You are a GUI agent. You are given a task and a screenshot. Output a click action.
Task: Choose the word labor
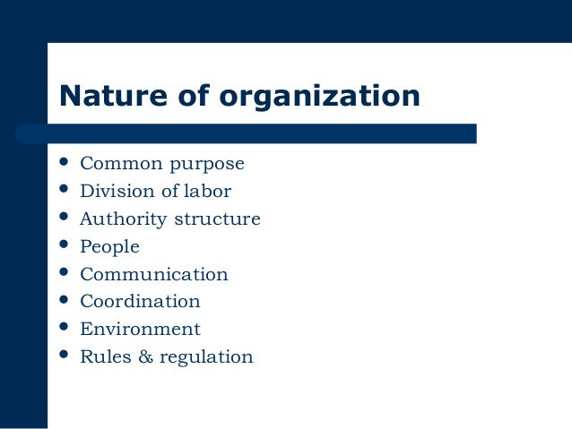pos(208,191)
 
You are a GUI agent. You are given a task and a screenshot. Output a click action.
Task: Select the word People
pos(109,247)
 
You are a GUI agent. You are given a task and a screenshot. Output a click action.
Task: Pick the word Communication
pos(154,274)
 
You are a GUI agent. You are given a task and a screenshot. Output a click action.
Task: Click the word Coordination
pos(140,302)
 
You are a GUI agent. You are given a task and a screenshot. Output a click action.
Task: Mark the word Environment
pos(140,330)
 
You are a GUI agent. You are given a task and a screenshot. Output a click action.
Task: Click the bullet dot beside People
pos(64,245)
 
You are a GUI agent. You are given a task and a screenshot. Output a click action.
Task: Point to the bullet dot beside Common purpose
pos(64,162)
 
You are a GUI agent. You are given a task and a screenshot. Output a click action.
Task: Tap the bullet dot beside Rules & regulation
pos(64,355)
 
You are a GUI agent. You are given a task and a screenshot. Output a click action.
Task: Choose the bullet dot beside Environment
pos(64,327)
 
